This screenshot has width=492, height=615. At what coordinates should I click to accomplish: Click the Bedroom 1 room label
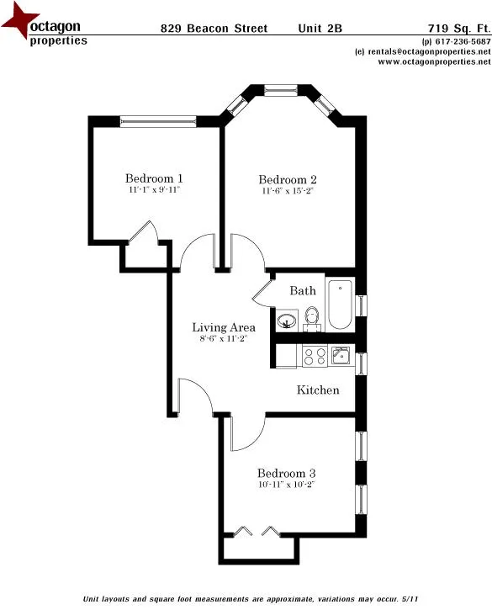[154, 178]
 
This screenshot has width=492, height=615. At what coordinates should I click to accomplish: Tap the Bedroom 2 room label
[288, 179]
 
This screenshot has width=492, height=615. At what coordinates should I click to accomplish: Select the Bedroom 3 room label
[287, 473]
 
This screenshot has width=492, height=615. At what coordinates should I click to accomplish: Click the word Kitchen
[318, 390]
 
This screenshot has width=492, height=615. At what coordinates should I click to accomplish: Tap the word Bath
[303, 291]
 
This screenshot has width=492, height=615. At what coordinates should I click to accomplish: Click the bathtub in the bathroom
[341, 304]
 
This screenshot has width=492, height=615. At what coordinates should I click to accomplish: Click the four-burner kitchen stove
[314, 357]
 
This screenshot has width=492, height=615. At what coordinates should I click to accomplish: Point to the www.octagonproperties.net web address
[428, 61]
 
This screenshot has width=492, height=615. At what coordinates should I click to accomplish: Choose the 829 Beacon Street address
[214, 29]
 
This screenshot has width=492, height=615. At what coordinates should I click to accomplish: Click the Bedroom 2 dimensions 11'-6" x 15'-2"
[288, 192]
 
